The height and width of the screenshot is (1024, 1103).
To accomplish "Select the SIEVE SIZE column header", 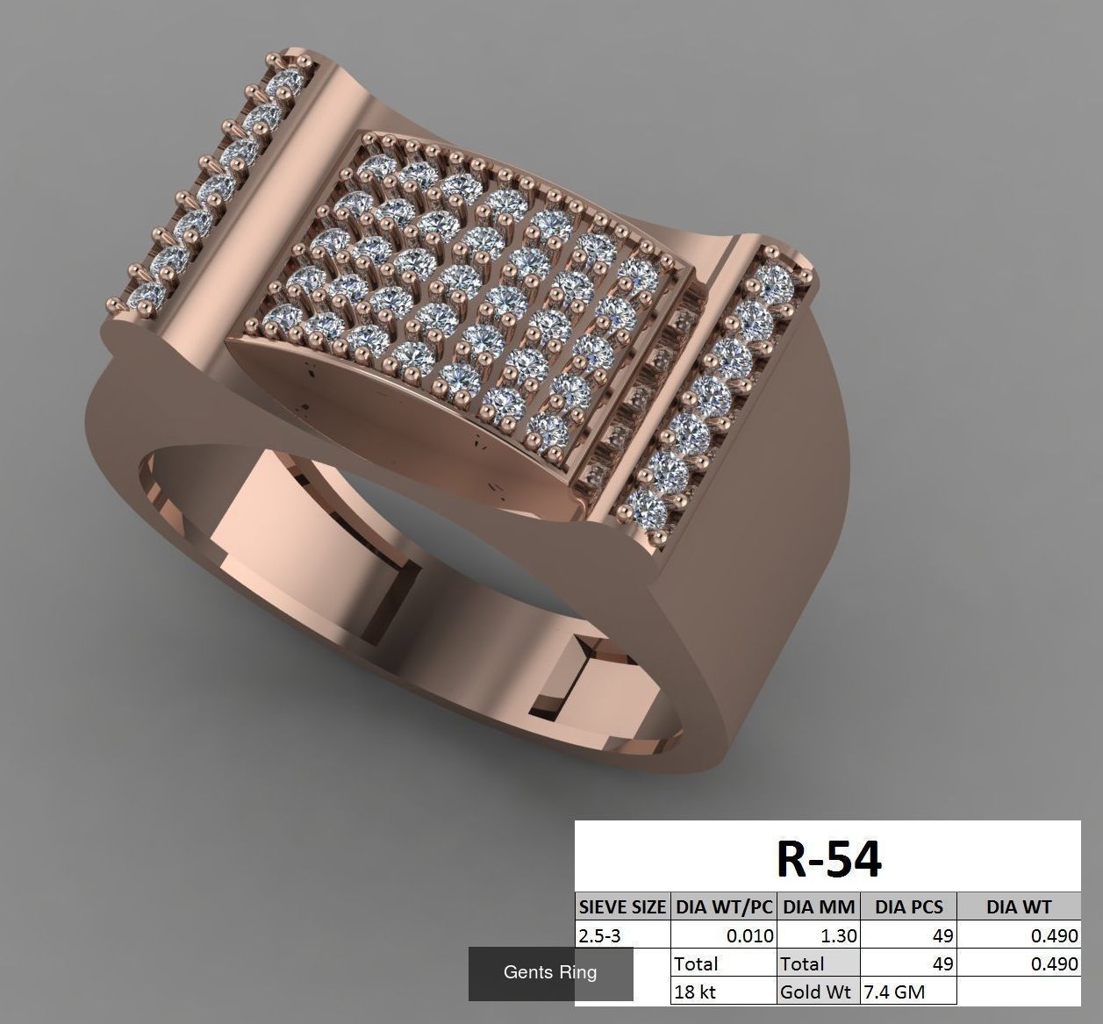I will tap(622, 907).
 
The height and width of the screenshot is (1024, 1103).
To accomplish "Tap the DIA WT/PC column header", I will tap(723, 907).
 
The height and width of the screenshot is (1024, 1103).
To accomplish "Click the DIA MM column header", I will tap(818, 907).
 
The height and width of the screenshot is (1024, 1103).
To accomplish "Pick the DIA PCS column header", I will tap(907, 907).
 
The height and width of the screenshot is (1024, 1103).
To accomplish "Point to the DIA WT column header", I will tap(1018, 907).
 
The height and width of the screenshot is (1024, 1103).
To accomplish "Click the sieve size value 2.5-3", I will tap(599, 935).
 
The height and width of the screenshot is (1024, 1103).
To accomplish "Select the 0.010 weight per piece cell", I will tap(749, 935).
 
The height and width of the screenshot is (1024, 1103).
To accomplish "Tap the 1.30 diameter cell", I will tap(839, 935).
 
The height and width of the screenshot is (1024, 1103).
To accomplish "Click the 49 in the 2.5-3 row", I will tap(942, 935).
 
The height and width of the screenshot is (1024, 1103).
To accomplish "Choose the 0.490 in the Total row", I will tap(1053, 963).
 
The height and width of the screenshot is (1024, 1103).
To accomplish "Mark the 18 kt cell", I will tap(695, 992).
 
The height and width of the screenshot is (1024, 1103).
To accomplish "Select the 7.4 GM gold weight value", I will tap(895, 992).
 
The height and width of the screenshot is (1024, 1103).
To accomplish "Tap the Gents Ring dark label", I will tap(549, 972).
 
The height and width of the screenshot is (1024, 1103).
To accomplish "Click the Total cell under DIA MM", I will tap(802, 963).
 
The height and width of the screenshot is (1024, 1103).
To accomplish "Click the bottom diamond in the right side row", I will tap(648, 506).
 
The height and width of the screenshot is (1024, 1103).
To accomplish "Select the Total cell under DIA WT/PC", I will tap(696, 963).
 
